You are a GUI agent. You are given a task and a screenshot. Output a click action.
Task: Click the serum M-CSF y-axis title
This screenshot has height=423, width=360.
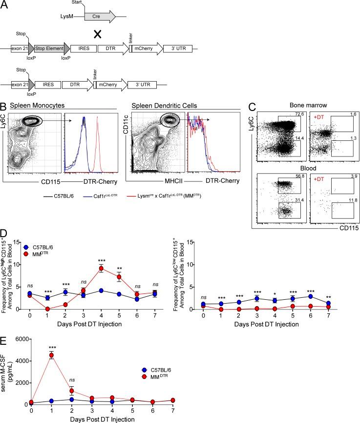click(x=7, y=373)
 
